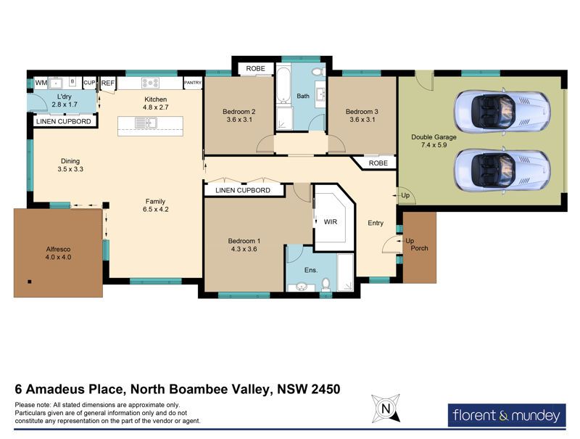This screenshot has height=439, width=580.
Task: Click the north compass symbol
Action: [386, 409]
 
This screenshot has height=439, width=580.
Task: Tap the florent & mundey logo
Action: [507, 415]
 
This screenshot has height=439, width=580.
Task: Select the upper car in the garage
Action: [502, 112]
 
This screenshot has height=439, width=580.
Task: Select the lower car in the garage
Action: [502, 170]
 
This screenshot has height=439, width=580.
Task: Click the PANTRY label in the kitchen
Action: [193, 83]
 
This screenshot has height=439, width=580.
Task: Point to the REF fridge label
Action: [107, 83]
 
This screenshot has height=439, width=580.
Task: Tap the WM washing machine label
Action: [41, 83]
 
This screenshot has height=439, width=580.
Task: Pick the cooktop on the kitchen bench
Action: [150, 83]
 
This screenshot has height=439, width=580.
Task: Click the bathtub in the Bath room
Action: [283, 85]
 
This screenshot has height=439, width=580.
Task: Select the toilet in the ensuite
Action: [326, 284]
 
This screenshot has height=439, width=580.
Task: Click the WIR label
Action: [331, 222]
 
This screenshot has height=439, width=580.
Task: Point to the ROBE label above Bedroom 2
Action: [256, 68]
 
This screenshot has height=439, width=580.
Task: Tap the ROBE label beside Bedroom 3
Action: [378, 163]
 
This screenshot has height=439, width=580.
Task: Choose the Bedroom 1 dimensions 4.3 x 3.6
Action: [244, 249]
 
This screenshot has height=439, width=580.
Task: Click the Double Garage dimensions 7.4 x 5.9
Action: [434, 145]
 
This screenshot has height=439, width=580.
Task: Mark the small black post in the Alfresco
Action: [30, 282]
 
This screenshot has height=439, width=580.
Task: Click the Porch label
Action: [419, 248]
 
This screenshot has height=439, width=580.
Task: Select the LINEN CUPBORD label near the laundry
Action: [64, 121]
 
